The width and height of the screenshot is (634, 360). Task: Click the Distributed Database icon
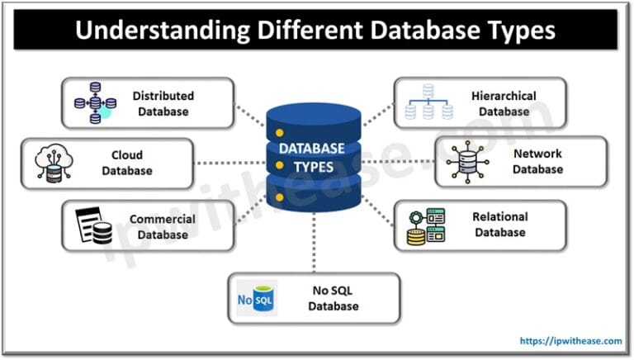(x=92, y=103)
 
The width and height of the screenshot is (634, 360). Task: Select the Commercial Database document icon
(x=93, y=225)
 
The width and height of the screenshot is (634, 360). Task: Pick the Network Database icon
(x=467, y=163)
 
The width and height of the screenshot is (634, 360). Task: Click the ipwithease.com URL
(x=570, y=339)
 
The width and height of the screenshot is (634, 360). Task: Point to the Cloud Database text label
(x=127, y=163)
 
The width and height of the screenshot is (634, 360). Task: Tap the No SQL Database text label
(x=334, y=298)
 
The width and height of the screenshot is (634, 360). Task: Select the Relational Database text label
(x=499, y=225)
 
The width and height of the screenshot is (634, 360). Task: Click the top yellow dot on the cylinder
(x=279, y=133)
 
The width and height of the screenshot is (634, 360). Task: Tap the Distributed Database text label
(x=163, y=103)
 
